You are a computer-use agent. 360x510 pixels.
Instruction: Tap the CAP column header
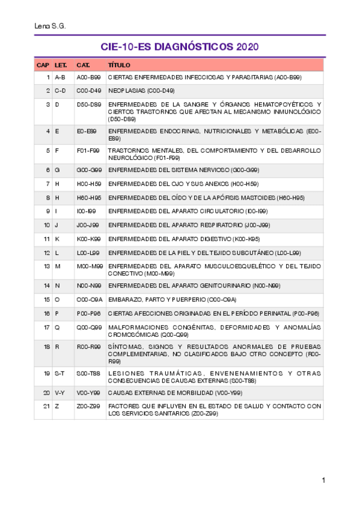click(43, 65)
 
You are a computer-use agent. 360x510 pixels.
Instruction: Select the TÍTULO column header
click(119, 65)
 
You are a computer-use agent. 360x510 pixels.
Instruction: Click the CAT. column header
click(83, 65)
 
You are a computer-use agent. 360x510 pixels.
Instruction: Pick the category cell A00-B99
click(88, 78)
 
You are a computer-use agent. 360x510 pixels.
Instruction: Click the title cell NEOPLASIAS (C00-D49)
click(141, 91)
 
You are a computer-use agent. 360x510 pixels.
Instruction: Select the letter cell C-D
click(60, 91)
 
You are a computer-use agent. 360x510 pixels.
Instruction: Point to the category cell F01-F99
click(87, 150)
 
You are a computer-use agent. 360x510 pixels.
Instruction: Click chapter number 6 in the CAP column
click(47, 170)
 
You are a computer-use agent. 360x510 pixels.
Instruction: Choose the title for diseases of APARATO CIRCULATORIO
click(188, 211)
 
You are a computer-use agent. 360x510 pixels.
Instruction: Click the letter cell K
click(56, 239)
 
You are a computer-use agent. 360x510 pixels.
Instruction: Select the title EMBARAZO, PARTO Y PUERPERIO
click(172, 299)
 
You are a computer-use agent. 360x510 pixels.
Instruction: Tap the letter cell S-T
click(59, 373)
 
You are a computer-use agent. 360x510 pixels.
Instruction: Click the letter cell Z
click(56, 406)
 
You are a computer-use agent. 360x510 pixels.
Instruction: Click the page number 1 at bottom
click(323, 480)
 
